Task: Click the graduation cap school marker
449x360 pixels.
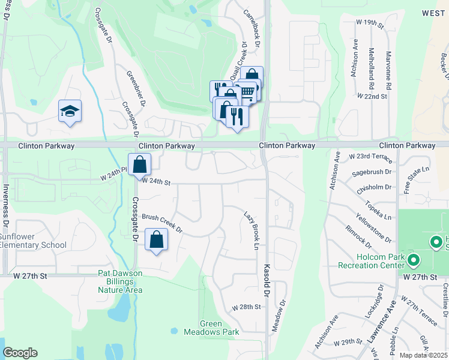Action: pyautogui.click(x=70, y=111)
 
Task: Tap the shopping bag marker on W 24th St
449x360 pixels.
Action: pyautogui.click(x=139, y=164)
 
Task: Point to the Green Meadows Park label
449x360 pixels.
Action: pyautogui.click(x=220, y=328)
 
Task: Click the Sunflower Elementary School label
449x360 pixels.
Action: pyautogui.click(x=33, y=241)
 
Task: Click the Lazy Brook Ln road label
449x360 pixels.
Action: pyautogui.click(x=252, y=231)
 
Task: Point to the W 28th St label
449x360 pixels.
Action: pyautogui.click(x=247, y=307)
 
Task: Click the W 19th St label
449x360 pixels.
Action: pyautogui.click(x=369, y=22)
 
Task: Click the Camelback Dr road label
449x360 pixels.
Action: pyautogui.click(x=252, y=28)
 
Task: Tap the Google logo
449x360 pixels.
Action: pyautogui.click(x=20, y=353)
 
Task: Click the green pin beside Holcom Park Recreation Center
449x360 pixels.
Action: pyautogui.click(x=414, y=260)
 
